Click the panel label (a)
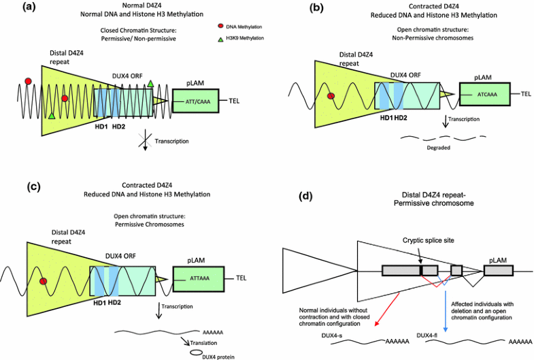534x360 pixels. tap(14, 7)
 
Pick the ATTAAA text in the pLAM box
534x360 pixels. tap(199, 277)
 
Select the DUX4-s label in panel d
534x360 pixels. tap(346, 335)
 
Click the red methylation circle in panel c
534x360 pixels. tap(44, 281)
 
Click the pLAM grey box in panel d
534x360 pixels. tap(499, 270)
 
